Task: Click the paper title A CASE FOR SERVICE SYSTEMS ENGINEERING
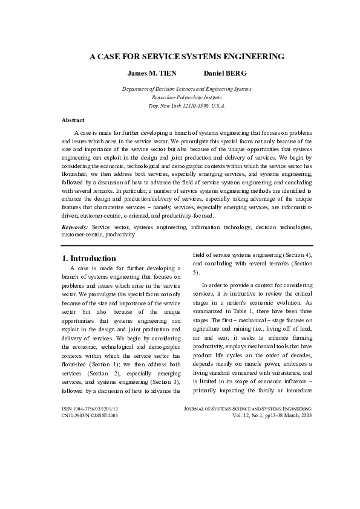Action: point(187,56)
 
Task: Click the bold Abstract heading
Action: point(73,120)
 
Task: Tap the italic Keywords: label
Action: point(75,227)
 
